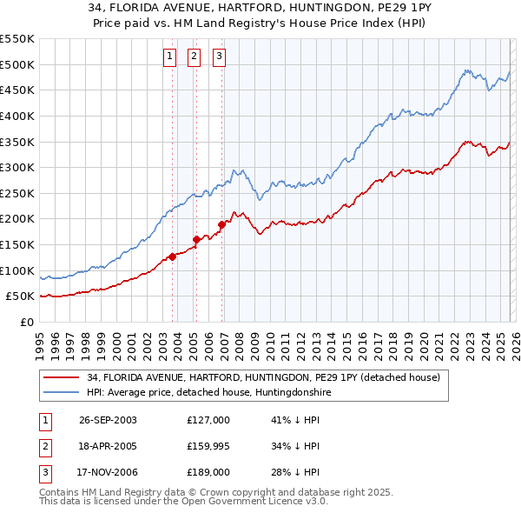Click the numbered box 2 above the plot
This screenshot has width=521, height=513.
click(193, 57)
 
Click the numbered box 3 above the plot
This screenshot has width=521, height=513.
click(219, 57)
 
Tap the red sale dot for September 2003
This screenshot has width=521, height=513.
click(173, 256)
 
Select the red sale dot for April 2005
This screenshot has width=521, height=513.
click(196, 239)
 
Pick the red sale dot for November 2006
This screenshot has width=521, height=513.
click(222, 224)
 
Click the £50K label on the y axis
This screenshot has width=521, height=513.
click(20, 296)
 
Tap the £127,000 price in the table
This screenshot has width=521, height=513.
click(208, 420)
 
